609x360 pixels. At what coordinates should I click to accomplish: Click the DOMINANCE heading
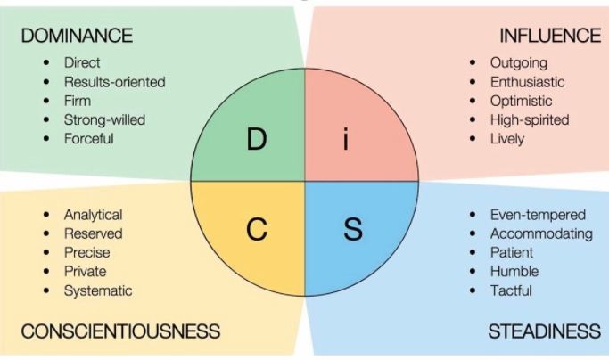click(x=77, y=36)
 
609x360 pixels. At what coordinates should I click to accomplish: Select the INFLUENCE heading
click(x=550, y=36)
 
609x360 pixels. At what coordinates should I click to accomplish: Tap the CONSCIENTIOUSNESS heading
click(x=120, y=331)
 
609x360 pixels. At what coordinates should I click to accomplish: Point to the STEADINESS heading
click(x=544, y=331)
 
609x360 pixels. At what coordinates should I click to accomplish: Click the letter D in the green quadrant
click(x=256, y=139)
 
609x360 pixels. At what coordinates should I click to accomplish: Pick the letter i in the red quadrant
click(x=346, y=139)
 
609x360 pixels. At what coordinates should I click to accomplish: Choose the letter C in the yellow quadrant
click(x=256, y=229)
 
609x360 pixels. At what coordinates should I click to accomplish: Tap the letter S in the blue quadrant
click(x=353, y=229)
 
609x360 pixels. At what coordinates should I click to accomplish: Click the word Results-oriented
click(x=114, y=82)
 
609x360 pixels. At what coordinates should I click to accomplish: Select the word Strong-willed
click(x=104, y=120)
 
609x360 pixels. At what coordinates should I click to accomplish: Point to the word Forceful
click(x=88, y=139)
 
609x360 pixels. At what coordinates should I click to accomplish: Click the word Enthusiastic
click(x=527, y=82)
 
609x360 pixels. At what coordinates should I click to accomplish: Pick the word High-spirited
click(x=530, y=120)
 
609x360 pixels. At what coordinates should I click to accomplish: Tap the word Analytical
click(x=93, y=215)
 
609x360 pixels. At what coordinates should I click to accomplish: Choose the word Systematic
click(x=98, y=290)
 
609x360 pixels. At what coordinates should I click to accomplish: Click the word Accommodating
click(x=541, y=233)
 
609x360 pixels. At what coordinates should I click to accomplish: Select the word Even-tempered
click(x=538, y=215)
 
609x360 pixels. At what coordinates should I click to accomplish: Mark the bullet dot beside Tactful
click(x=473, y=290)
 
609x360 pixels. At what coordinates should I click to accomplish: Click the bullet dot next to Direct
click(x=46, y=62)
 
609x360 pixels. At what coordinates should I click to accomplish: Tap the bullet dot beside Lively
click(x=473, y=138)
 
